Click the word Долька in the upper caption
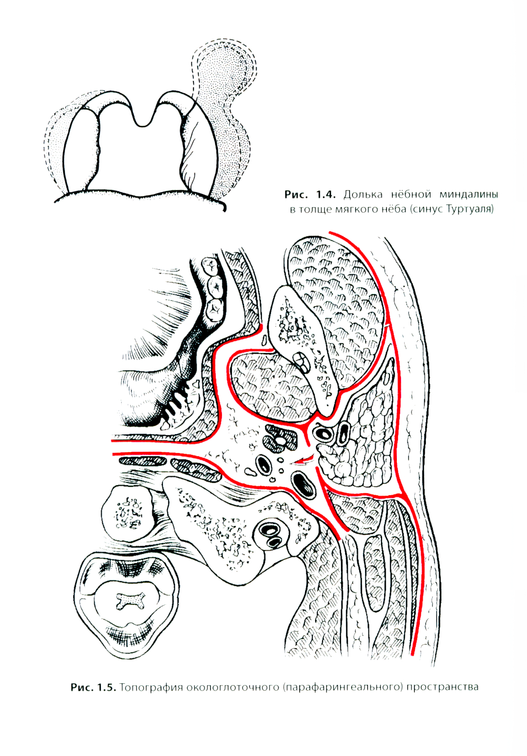tap(363, 195)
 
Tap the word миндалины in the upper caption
tap(469, 195)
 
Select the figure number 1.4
tap(326, 195)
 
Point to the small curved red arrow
tap(302, 460)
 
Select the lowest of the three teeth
tap(214, 309)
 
